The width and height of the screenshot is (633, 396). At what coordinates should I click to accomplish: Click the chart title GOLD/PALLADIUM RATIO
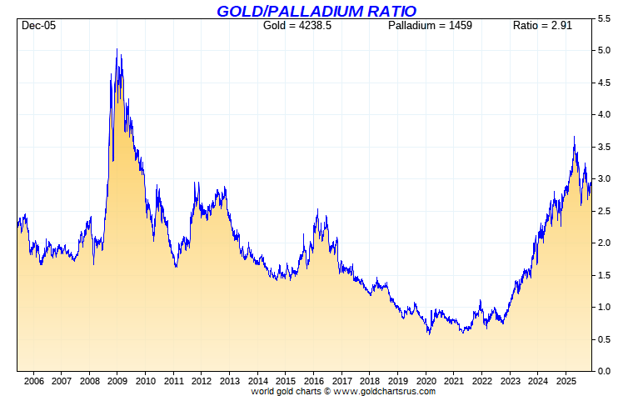[316, 11]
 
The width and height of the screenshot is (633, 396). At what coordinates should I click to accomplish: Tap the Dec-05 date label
[38, 26]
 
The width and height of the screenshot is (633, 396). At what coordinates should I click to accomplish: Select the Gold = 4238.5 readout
[297, 26]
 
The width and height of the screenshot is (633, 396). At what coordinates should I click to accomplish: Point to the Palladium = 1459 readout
[430, 26]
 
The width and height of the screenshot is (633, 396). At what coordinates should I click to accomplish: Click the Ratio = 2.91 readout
[542, 26]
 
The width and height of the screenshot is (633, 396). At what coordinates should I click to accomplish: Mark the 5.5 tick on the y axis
[605, 18]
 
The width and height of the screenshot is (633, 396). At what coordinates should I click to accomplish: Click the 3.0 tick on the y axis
[605, 178]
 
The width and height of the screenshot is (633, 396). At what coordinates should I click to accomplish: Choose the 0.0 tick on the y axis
[605, 371]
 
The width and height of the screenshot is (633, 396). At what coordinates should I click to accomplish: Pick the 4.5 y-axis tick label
[605, 83]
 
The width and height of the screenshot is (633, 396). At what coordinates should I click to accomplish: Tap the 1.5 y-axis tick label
[605, 275]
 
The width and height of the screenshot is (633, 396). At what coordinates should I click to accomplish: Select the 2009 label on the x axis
[117, 381]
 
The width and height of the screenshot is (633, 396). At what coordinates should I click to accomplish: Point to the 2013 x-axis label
[229, 381]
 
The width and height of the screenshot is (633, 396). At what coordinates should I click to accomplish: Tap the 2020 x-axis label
[426, 381]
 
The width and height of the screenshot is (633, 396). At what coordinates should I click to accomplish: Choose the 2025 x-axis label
[566, 381]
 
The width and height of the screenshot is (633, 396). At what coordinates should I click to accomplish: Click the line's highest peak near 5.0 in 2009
[117, 49]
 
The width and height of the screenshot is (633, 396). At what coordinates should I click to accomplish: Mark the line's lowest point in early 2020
[429, 333]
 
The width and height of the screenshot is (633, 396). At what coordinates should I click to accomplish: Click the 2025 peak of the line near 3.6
[574, 137]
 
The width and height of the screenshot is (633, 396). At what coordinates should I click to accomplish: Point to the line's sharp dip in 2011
[176, 267]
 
